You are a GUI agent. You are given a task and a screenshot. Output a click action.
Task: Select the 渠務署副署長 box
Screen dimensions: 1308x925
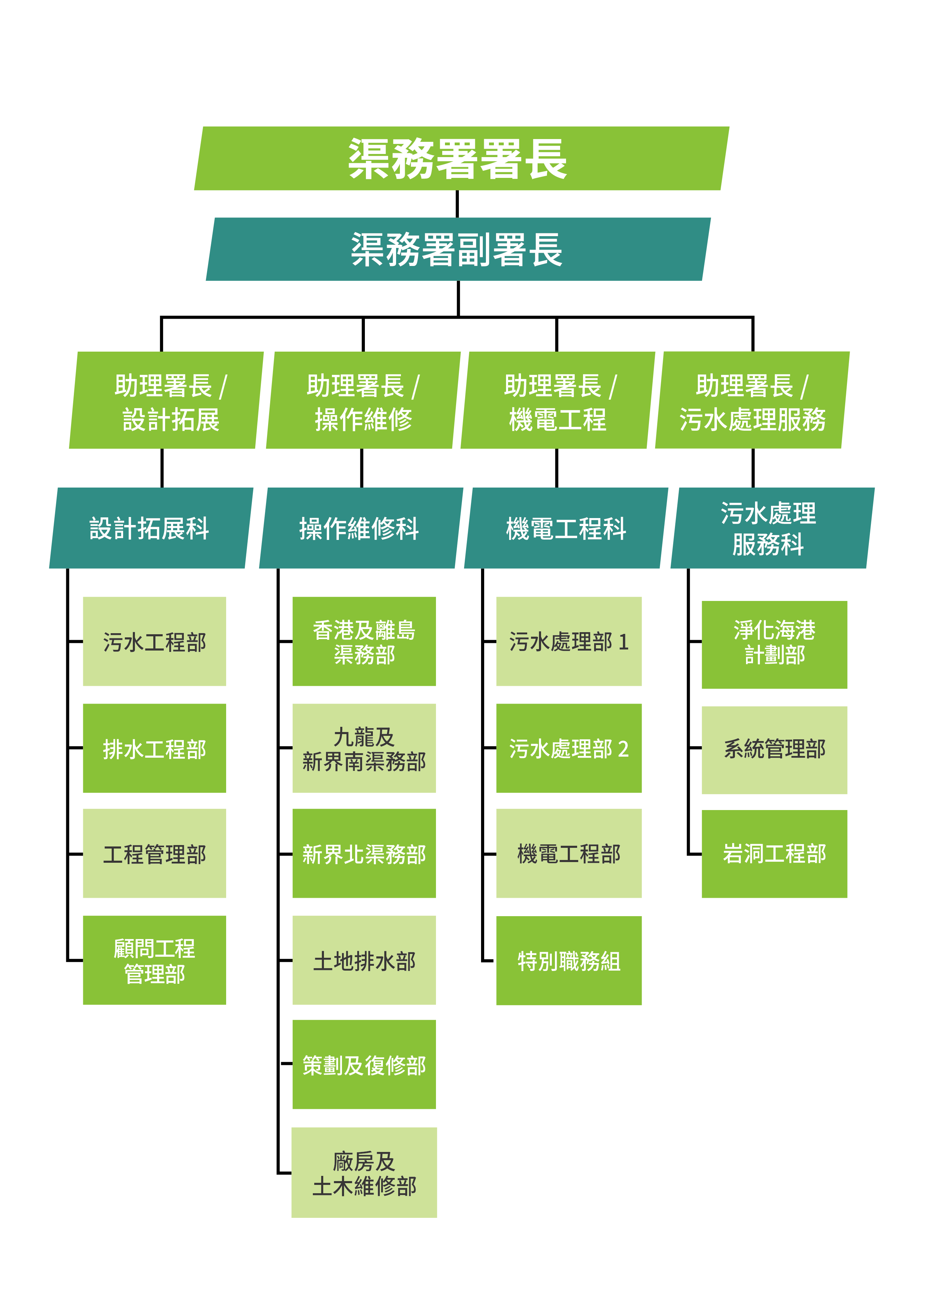pyautogui.click(x=458, y=249)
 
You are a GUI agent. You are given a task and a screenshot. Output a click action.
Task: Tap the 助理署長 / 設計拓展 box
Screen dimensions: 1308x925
pyautogui.click(x=166, y=401)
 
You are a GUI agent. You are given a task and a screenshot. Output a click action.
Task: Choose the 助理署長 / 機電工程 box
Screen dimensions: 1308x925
pyautogui.click(x=557, y=401)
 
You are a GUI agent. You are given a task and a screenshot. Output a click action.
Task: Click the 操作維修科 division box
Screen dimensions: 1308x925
pyautogui.click(x=360, y=528)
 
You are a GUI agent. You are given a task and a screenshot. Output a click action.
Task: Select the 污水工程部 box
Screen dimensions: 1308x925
pyautogui.click(x=154, y=642)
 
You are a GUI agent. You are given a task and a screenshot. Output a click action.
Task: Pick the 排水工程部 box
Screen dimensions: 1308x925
pyautogui.click(x=154, y=748)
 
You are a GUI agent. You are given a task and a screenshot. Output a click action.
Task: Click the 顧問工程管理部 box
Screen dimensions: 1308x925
pyautogui.click(x=154, y=961)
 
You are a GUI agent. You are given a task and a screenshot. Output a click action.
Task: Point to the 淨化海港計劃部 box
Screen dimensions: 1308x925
pyautogui.click(x=774, y=644)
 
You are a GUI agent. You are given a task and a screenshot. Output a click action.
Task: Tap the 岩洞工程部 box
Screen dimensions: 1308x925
pyautogui.click(x=774, y=853)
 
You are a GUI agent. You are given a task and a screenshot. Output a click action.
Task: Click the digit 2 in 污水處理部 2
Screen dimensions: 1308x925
pyautogui.click(x=624, y=749)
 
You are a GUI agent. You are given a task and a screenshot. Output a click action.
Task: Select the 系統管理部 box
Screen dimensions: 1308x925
pyautogui.click(x=774, y=750)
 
